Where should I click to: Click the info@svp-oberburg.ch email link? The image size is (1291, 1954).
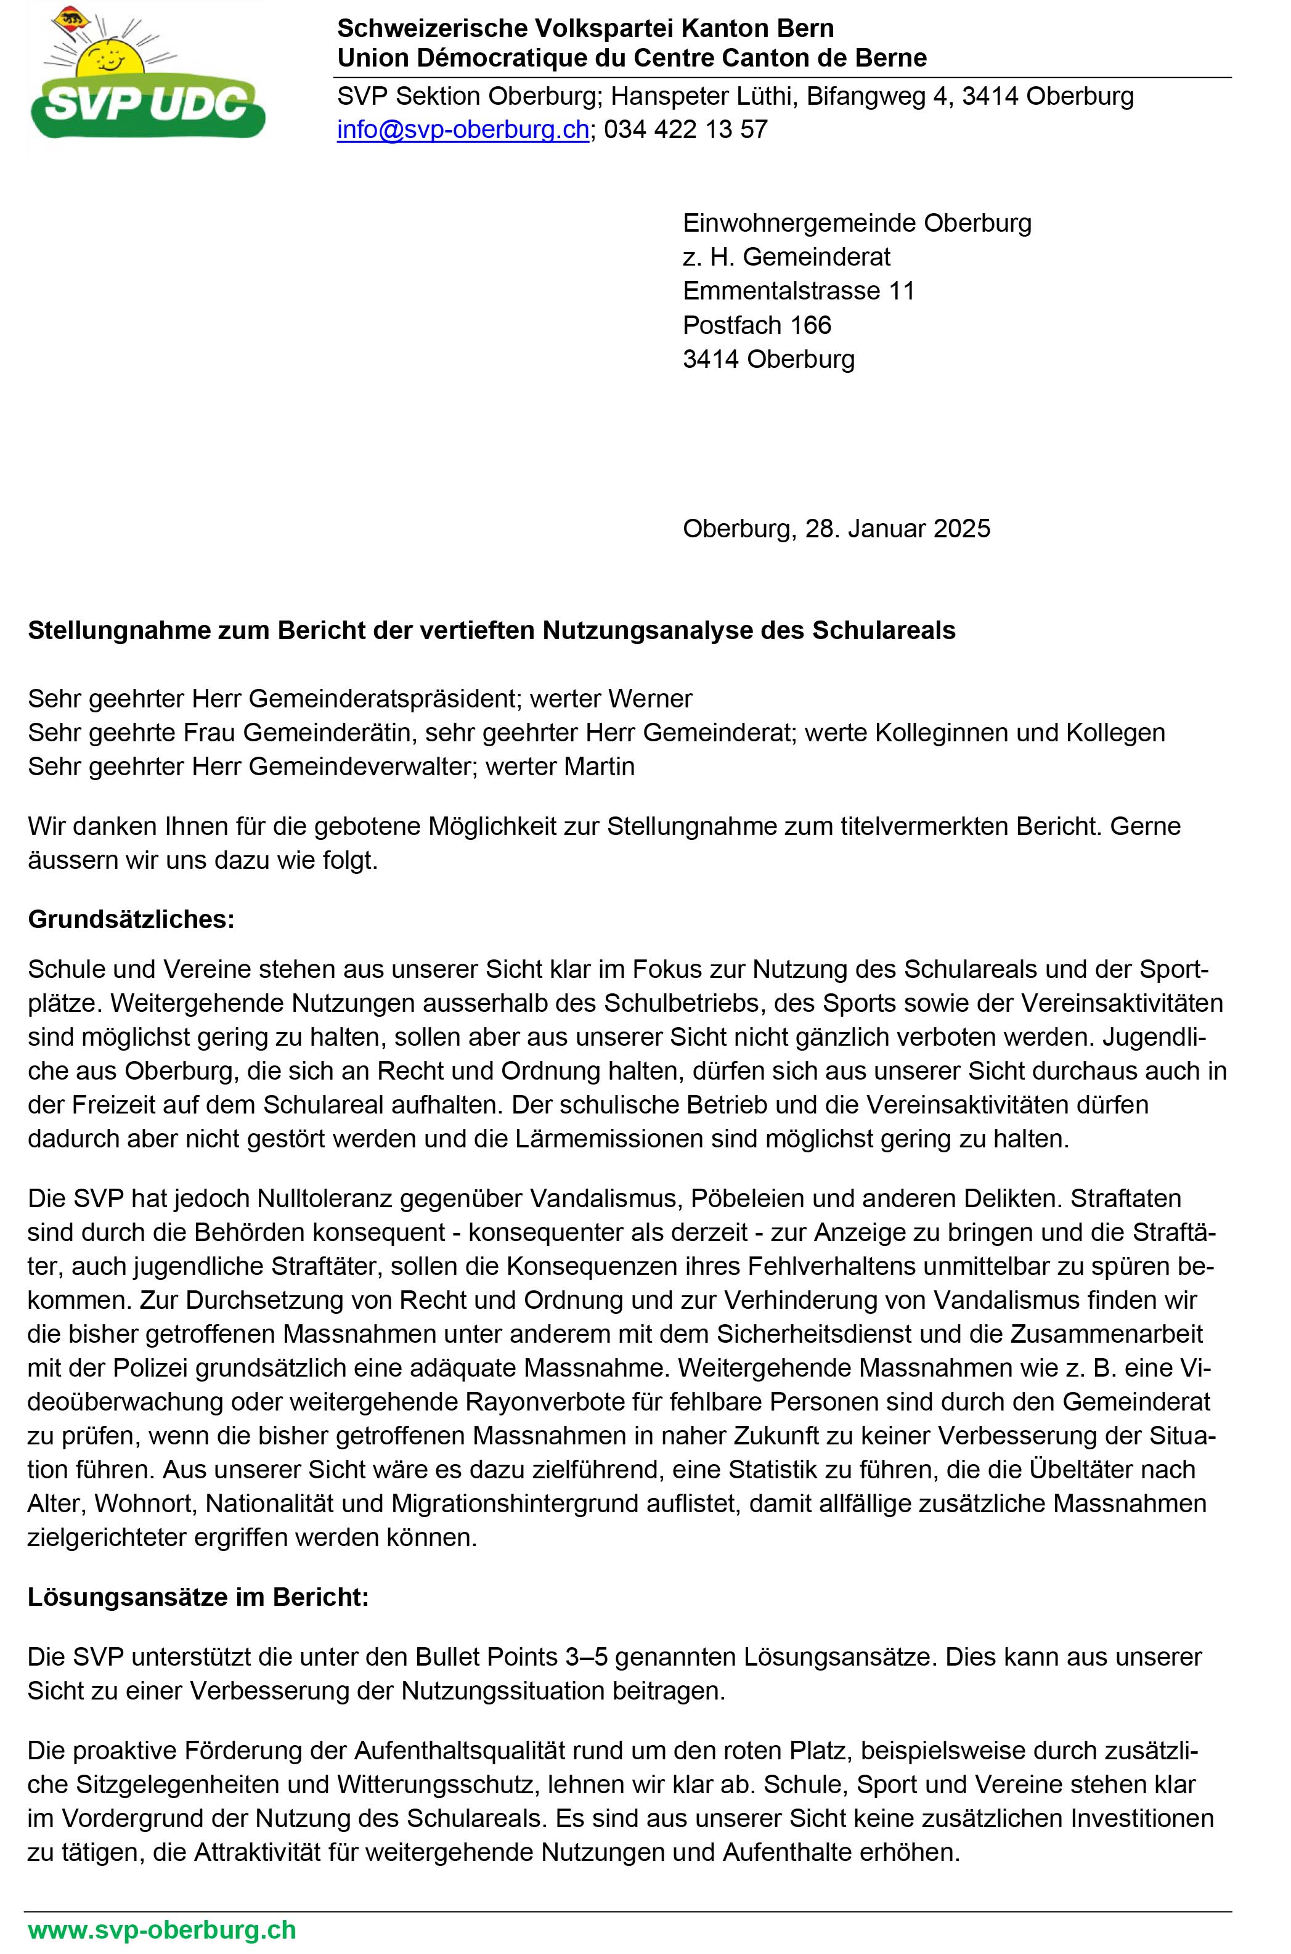(463, 130)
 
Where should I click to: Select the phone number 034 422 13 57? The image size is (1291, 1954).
(686, 130)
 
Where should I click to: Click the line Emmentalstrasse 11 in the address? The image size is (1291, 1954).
(799, 291)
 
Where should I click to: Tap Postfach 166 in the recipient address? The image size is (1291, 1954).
(757, 325)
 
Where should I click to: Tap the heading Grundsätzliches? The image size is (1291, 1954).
(131, 919)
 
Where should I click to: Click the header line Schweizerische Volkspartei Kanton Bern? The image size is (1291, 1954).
(585, 29)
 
